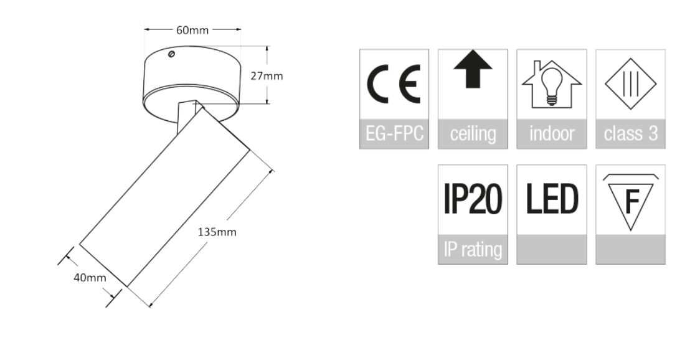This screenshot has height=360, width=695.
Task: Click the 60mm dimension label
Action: tap(192, 29)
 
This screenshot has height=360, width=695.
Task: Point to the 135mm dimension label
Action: tap(217, 232)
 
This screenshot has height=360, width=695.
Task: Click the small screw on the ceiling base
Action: tap(172, 54)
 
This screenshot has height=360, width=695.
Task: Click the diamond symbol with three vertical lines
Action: tap(630, 84)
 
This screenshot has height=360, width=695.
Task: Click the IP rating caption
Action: tap(473, 250)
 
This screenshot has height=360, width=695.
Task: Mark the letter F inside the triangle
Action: tap(631, 201)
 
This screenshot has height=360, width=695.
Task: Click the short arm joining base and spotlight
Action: tap(185, 115)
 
